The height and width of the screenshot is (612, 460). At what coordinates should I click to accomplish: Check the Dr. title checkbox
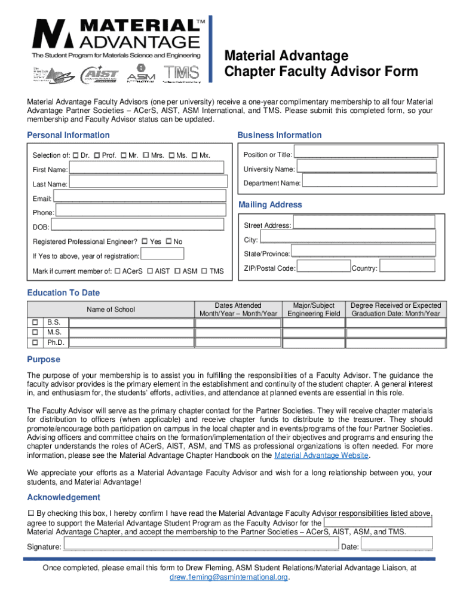[x=76, y=156]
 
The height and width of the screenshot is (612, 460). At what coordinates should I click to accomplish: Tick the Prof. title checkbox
[x=97, y=156]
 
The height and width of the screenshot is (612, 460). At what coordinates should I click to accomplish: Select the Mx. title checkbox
[x=194, y=156]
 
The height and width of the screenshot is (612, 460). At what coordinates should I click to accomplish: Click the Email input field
[x=139, y=196]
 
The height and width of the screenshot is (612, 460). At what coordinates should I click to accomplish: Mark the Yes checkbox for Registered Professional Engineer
[x=145, y=241]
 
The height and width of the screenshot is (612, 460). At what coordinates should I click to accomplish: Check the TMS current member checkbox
[x=205, y=271]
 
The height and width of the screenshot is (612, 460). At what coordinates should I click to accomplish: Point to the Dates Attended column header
[x=238, y=310]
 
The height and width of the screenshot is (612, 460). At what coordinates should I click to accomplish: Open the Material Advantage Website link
[x=322, y=455]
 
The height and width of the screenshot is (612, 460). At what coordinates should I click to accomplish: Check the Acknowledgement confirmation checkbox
[x=31, y=513]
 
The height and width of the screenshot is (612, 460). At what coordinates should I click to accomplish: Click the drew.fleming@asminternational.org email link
[x=229, y=577]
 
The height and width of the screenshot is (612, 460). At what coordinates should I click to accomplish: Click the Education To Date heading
[x=63, y=293]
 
